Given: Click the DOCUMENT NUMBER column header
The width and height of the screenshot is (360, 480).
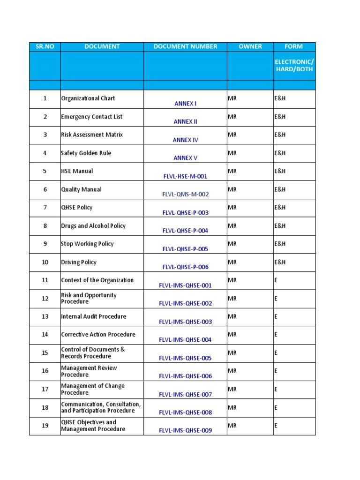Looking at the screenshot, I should pyautogui.click(x=185, y=46).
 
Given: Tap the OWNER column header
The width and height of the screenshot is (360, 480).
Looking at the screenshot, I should pyautogui.click(x=250, y=46).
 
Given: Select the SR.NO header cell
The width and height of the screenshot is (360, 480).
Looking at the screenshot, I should pyautogui.click(x=45, y=46).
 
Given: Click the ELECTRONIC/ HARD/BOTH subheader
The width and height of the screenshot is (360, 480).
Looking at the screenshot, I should pyautogui.click(x=294, y=66).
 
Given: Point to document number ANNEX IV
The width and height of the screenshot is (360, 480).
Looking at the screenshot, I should pyautogui.click(x=185, y=140).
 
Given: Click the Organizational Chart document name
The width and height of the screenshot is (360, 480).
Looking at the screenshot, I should pyautogui.click(x=88, y=98).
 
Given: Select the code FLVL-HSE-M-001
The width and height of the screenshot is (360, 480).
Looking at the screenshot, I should pyautogui.click(x=185, y=176).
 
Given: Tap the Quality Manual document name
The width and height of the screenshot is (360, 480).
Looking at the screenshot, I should pyautogui.click(x=81, y=189).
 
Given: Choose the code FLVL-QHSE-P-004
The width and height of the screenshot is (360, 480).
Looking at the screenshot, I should pyautogui.click(x=185, y=231).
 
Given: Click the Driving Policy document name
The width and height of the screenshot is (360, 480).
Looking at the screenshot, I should pyautogui.click(x=79, y=262).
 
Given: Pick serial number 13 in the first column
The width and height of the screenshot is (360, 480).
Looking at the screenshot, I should pyautogui.click(x=45, y=316).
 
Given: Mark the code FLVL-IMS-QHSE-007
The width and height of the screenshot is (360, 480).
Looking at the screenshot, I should pyautogui.click(x=185, y=395).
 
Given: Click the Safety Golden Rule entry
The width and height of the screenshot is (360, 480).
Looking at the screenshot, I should pyautogui.click(x=86, y=153).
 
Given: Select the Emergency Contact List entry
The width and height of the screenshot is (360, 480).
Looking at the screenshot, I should pyautogui.click(x=91, y=117).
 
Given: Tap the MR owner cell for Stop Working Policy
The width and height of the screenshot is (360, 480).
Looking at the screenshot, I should pyautogui.click(x=232, y=244).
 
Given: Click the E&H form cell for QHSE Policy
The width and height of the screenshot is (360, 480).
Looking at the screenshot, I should pyautogui.click(x=280, y=207).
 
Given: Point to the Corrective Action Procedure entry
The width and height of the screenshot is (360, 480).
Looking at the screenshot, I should pyautogui.click(x=98, y=335).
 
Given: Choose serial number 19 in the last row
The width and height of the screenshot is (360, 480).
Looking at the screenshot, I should pyautogui.click(x=45, y=426).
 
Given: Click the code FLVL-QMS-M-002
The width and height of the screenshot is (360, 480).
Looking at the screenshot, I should pyautogui.click(x=185, y=195).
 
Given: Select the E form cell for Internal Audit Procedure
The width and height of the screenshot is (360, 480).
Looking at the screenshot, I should pyautogui.click(x=276, y=316).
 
